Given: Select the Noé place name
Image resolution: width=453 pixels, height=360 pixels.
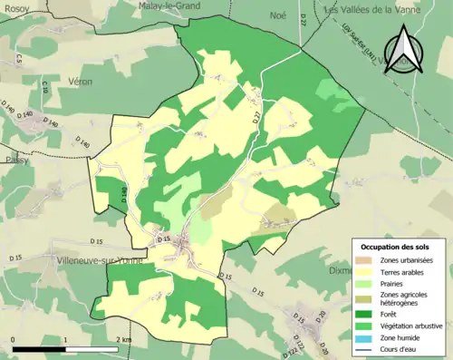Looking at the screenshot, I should [x=277, y=15].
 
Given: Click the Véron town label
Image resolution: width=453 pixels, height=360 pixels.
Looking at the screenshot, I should [x=80, y=81].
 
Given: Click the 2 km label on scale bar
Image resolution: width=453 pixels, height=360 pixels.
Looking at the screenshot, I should [x=125, y=338].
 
